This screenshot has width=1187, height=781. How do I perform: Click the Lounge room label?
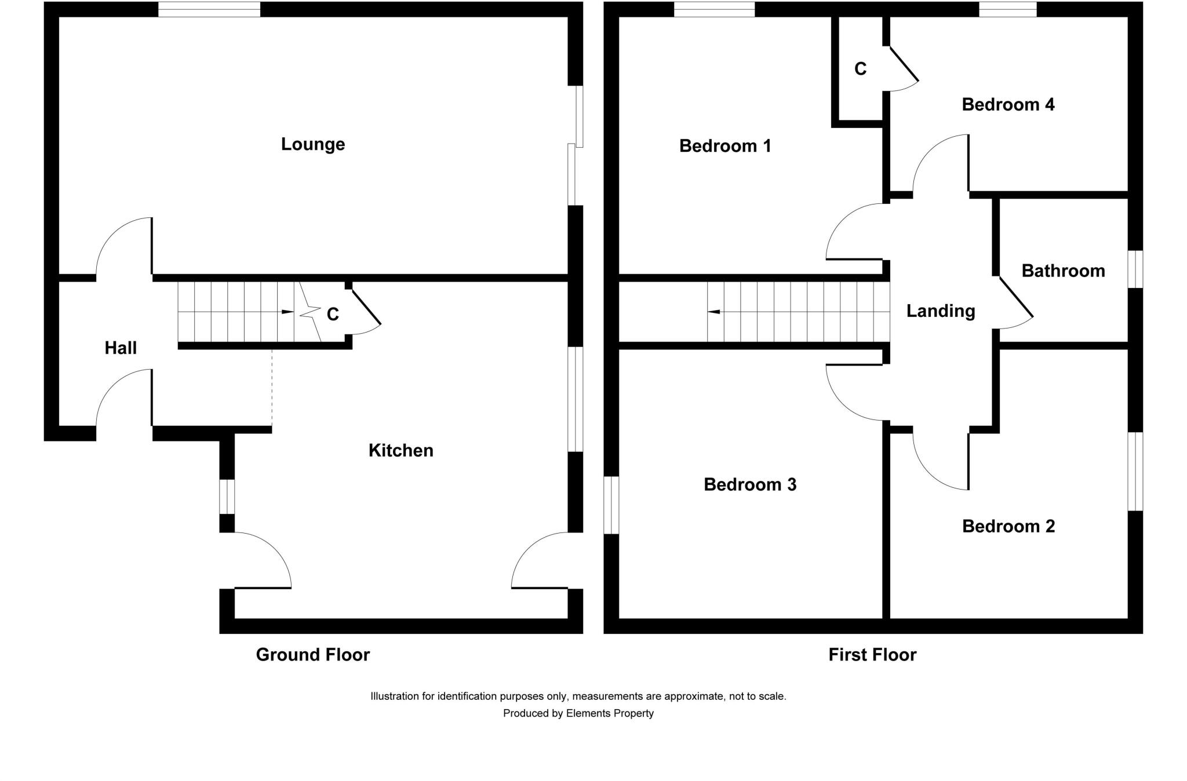pos(313,144)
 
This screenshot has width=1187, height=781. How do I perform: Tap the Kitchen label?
pos(400,450)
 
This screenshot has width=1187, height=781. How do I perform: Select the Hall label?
pos(121,348)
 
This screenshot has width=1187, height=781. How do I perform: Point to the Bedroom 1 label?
pos(725,146)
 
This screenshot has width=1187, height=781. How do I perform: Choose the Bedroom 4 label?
pos(1008,105)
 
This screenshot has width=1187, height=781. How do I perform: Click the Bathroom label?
pos(1063,271)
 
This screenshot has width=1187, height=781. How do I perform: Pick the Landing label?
pos(941,311)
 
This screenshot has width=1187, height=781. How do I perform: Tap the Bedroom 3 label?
pos(750,484)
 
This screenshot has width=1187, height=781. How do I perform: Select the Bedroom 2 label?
pos(1008,526)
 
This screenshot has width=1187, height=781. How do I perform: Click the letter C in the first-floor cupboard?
pos(860,69)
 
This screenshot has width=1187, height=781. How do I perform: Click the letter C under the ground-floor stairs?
pos(333,314)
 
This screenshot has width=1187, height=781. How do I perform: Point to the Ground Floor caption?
pos(313,655)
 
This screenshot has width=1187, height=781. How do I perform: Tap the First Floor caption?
pos(872,655)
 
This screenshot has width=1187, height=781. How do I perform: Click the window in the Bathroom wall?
pos(1135,269)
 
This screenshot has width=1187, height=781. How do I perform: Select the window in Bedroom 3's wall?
pos(611,505)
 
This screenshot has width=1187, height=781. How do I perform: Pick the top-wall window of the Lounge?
pos(209,9)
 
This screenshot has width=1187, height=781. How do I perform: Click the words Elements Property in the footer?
pos(610,713)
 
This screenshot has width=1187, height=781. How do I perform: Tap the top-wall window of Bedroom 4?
pos(1008,9)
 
